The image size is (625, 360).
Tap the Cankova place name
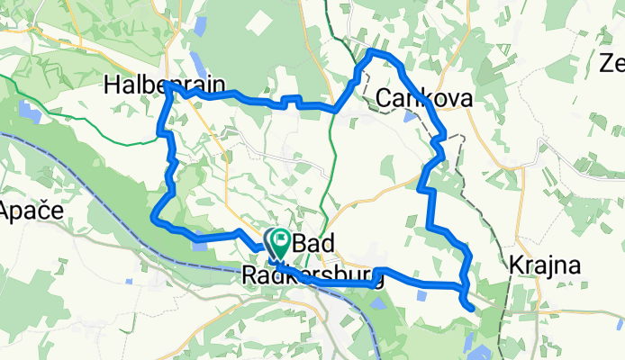[425, 97]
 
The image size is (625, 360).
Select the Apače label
[30, 212]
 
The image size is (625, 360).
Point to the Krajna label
[544, 266]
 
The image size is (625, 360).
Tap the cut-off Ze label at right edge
[612, 64]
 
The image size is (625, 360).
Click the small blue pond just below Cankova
[411, 116]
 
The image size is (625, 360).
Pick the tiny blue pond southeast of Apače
[131, 283]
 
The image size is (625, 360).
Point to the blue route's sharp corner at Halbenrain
[168, 86]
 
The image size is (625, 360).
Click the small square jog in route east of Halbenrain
[289, 101]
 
